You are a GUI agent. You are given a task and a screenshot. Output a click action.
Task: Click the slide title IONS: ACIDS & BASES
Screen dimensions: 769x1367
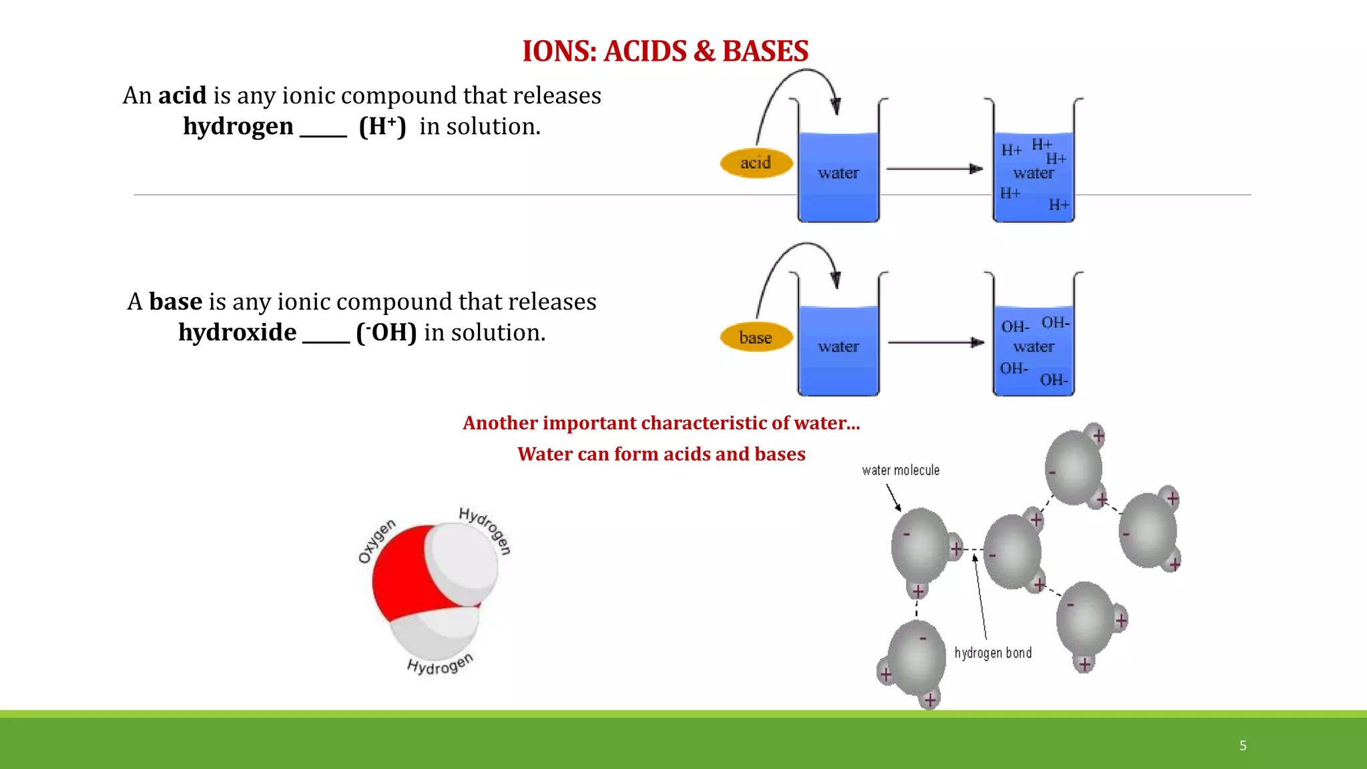point(665,51)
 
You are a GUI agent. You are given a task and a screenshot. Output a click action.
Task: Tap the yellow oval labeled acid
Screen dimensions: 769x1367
point(756,163)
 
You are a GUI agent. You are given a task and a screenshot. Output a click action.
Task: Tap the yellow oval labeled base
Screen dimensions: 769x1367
point(756,338)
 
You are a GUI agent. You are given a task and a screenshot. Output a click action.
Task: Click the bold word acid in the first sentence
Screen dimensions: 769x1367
point(182,95)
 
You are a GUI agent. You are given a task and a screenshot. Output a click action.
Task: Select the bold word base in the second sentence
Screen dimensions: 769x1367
point(175,302)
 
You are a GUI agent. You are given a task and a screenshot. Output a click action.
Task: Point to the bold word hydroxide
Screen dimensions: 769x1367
point(237,332)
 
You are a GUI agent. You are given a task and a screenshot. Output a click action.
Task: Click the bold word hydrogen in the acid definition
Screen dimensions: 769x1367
point(238,126)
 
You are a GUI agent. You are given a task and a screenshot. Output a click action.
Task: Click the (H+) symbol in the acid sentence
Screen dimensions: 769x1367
point(382,126)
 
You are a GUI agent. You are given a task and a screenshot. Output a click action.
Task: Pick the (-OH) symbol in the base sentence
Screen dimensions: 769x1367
point(386,332)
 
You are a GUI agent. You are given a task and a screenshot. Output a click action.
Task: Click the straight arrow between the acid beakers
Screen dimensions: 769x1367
point(934,169)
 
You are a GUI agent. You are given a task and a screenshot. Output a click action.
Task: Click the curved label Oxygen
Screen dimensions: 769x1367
point(376,541)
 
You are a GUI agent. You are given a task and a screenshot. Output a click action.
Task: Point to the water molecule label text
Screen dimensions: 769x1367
point(900,471)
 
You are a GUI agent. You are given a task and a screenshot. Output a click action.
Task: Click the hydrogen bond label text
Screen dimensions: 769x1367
point(993,653)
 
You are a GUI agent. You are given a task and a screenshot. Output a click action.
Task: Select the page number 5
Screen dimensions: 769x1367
point(1243,746)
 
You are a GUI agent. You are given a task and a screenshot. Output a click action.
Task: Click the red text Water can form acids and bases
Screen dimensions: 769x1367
point(661,454)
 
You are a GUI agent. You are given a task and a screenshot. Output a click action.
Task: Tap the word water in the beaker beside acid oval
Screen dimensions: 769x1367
point(838,174)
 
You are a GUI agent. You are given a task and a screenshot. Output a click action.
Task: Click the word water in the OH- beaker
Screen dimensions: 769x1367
point(1033,347)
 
